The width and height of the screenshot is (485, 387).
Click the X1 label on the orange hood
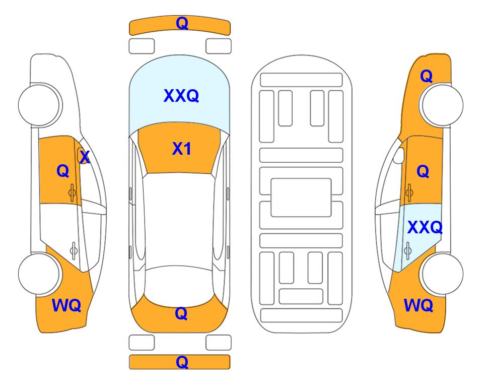pos(182,149)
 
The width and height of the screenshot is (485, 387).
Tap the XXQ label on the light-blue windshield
pos(181,96)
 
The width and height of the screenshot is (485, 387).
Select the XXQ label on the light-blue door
pos(425,228)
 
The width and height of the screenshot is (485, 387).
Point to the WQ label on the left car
pos(66,305)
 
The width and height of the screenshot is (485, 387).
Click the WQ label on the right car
pos(419,305)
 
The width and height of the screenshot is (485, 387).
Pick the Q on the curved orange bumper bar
pos(182,23)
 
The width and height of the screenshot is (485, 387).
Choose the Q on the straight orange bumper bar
pos(182,362)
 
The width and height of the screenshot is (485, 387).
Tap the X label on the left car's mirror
pos(85,157)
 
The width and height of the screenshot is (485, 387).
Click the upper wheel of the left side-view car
pos(39,105)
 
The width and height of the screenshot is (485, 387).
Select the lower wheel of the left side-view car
pos(39,274)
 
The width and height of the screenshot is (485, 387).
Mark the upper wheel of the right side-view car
pos(442,105)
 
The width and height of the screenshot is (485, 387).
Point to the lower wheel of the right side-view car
pos(442,274)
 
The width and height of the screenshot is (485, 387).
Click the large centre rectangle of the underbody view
pos(301,198)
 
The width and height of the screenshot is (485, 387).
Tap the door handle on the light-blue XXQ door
pos(408,250)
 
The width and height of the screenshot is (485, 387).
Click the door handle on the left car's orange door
pos(72,192)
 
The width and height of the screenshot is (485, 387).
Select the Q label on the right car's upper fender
pos(426,76)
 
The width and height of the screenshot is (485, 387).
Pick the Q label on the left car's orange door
pos(63,171)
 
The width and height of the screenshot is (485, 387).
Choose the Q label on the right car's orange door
pos(423,171)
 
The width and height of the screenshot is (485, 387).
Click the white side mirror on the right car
pos(399,155)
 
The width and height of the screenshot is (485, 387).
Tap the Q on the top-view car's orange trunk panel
pos(181,313)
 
